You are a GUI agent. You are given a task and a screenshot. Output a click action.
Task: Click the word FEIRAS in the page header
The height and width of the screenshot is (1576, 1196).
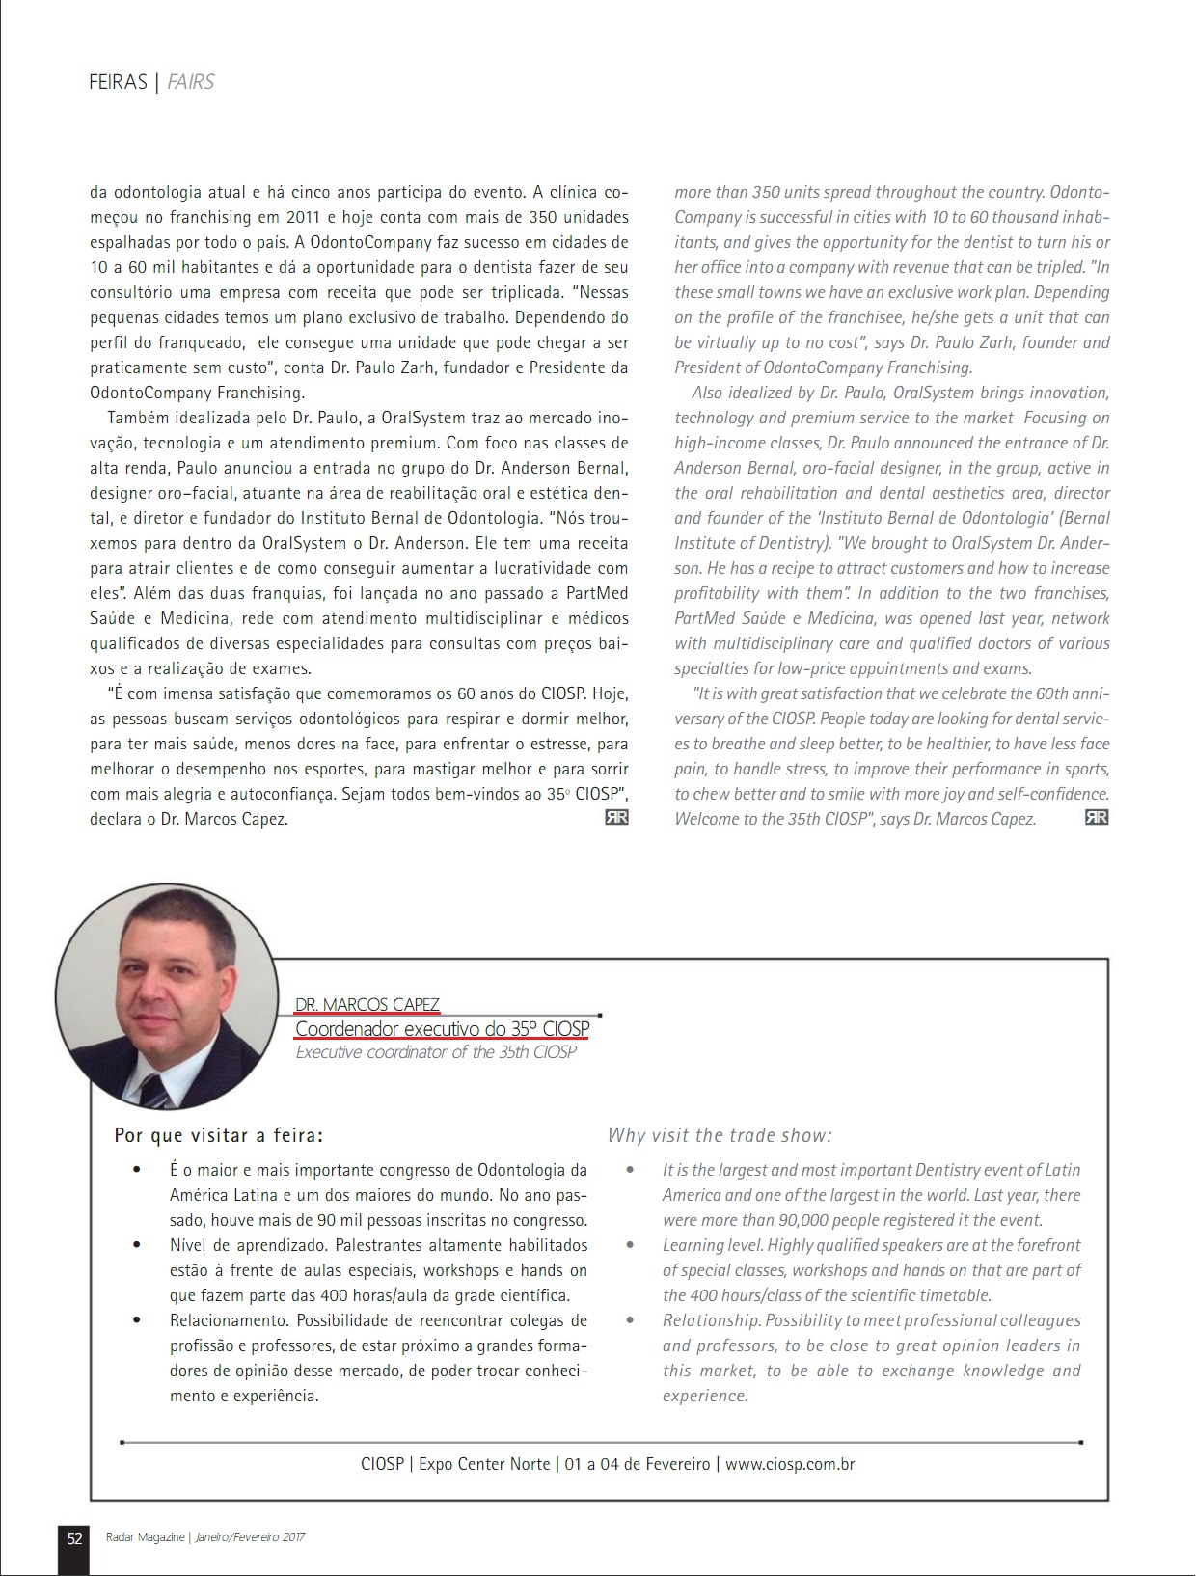117,83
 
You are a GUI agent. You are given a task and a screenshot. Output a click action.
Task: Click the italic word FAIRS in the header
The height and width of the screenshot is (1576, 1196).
191,83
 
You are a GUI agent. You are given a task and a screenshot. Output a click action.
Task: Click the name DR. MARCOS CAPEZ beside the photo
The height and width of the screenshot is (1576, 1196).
367,1005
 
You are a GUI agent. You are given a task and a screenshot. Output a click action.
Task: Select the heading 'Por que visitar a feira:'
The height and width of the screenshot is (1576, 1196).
219,1135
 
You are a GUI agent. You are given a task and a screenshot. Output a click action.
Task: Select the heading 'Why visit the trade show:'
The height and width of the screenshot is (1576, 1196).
720,1135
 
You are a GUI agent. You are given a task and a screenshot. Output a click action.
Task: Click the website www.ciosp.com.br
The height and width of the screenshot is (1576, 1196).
790,1464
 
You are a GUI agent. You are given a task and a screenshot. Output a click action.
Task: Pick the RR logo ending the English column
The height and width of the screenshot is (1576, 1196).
1097,818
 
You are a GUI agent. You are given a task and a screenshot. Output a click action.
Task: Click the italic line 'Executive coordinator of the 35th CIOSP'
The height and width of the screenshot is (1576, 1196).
436,1052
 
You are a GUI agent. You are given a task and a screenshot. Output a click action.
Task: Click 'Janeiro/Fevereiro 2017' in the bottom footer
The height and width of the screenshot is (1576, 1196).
250,1538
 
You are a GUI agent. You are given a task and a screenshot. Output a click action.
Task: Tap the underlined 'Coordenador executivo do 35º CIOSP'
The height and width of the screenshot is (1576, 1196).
442,1029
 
